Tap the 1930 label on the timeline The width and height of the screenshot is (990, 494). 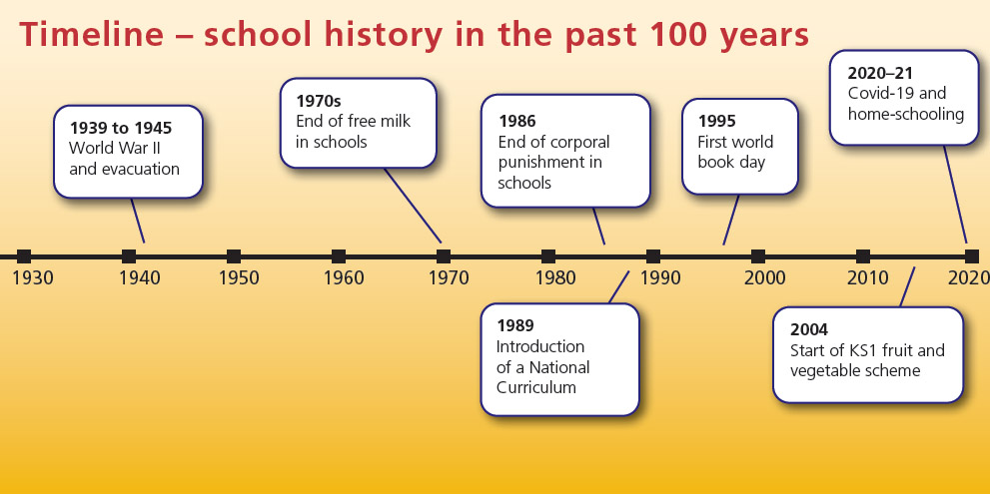pos(33,277)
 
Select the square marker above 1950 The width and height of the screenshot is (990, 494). pos(234,256)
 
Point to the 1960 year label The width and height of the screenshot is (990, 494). pos(344,277)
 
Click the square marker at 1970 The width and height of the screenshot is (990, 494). pos(444,256)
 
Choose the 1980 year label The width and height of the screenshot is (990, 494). pos(553,277)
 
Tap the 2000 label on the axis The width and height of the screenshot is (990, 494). pos(764,277)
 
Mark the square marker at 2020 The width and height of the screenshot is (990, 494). pos(971,256)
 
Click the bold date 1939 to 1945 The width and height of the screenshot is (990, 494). pos(120,129)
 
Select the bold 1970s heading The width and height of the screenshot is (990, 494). pos(318,101)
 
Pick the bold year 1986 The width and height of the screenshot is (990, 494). pos(516,121)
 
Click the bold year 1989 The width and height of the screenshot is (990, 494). pos(515,325)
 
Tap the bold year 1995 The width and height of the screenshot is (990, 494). pos(716,121)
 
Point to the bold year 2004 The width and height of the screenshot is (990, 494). pos(809,329)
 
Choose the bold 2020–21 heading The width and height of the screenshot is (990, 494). pos(880,73)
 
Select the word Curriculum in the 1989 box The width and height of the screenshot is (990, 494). pos(536,387)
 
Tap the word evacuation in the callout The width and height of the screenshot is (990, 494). pos(139,169)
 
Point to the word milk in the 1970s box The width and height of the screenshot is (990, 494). pos(392,122)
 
